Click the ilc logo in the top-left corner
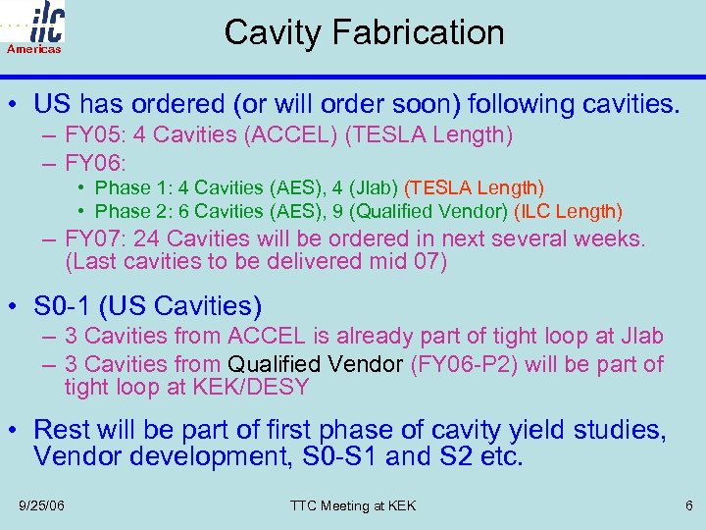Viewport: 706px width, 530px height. (x=38, y=22)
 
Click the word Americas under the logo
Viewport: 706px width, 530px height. (x=33, y=48)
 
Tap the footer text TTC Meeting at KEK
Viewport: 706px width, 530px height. (x=353, y=505)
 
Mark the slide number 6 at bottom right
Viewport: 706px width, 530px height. (x=688, y=505)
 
